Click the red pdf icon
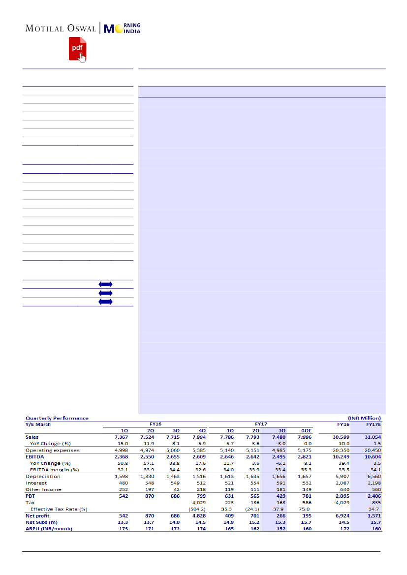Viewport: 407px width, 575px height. pyautogui.click(x=77, y=49)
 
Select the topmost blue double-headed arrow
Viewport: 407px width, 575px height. pyautogui.click(x=105, y=284)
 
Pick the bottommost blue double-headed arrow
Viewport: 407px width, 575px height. pyautogui.click(x=105, y=302)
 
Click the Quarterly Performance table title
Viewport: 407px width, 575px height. pyautogui.click(x=57, y=418)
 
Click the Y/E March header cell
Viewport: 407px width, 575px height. pyautogui.click(x=38, y=424)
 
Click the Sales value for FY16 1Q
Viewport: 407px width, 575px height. pyautogui.click(x=121, y=437)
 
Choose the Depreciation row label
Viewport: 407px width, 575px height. pyautogui.click(x=43, y=476)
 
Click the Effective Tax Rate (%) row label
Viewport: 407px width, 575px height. pyautogui.click(x=59, y=509)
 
